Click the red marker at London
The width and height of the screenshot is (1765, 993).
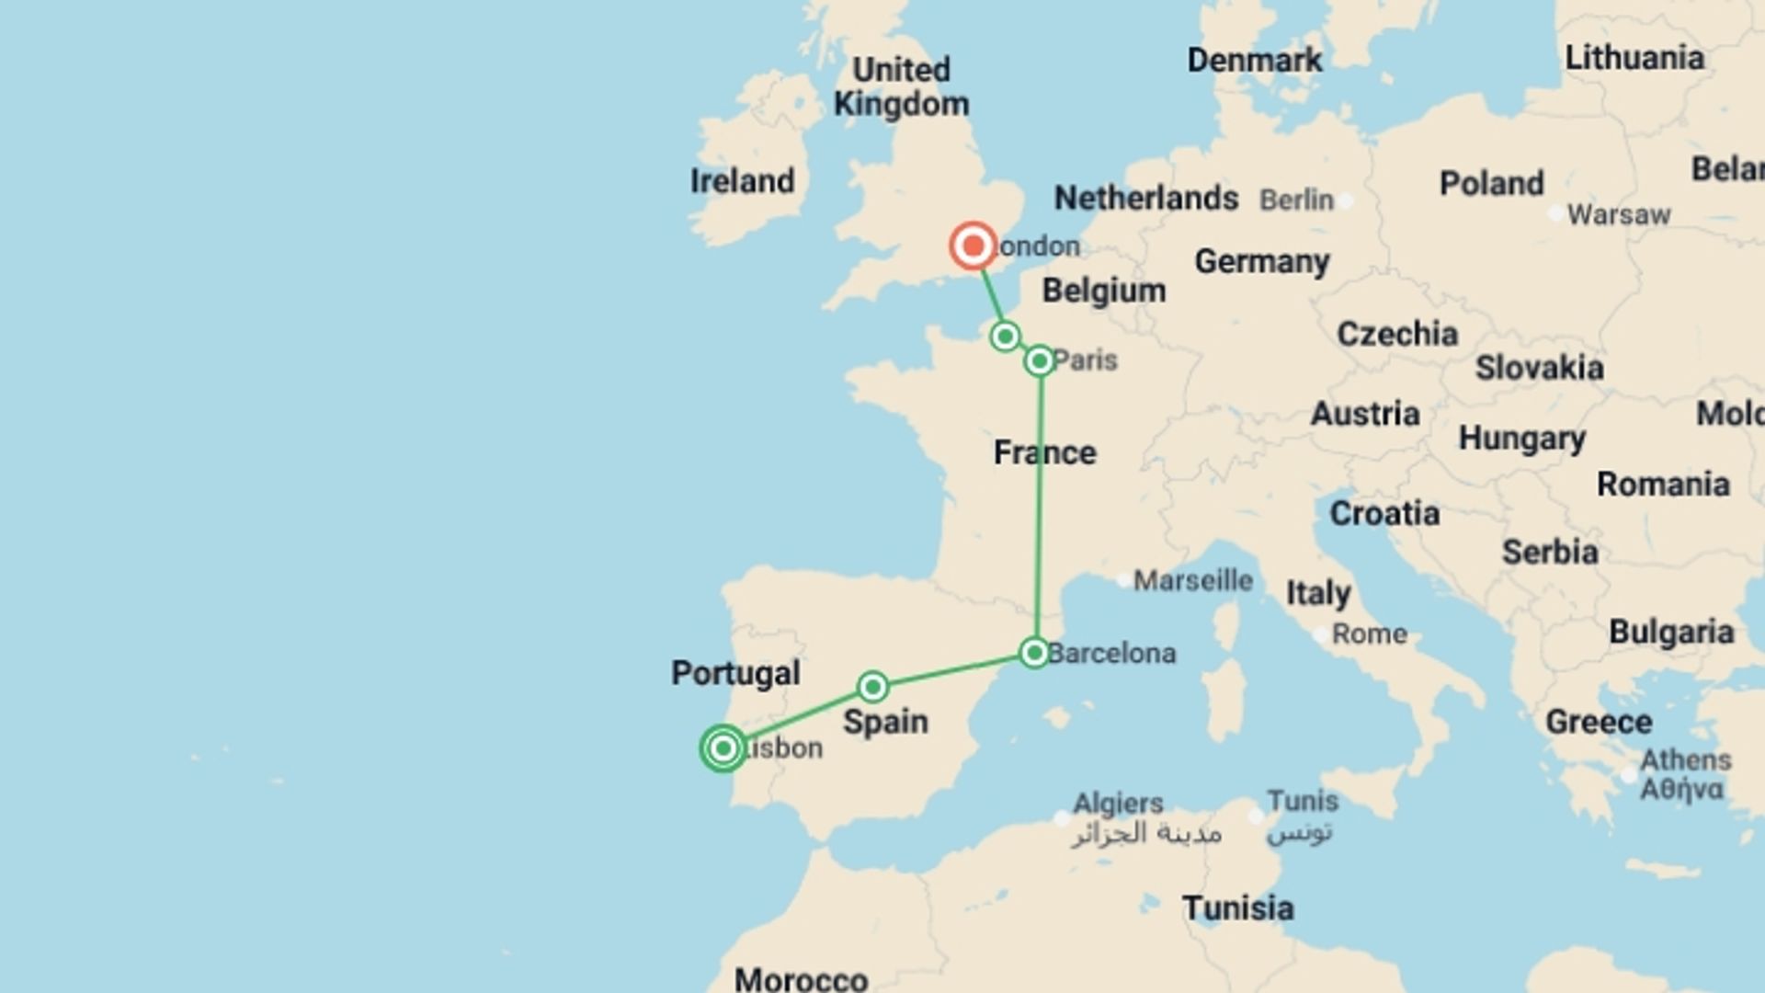click(973, 245)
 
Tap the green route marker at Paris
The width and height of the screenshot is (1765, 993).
click(1040, 360)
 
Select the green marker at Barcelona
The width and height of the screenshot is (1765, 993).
click(1034, 653)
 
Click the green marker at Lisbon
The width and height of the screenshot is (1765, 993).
click(723, 748)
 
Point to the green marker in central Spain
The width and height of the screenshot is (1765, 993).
click(872, 686)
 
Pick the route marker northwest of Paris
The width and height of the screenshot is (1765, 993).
click(1006, 336)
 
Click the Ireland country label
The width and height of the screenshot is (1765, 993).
click(742, 181)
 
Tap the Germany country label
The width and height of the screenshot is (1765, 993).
click(1261, 262)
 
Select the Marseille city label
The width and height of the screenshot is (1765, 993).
click(1192, 580)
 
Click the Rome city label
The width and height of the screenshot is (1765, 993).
click(1369, 633)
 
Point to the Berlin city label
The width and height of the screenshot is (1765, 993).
click(1296, 200)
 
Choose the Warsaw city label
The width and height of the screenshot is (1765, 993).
click(1618, 214)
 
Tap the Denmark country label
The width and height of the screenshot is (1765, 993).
click(1254, 61)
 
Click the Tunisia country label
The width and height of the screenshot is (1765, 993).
click(1237, 908)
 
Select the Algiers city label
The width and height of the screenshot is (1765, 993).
click(1118, 804)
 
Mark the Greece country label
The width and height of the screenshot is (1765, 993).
click(1598, 722)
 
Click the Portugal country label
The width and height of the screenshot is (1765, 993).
click(735, 673)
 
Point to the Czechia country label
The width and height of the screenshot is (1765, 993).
click(1396, 334)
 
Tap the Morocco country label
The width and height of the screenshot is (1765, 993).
click(801, 978)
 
